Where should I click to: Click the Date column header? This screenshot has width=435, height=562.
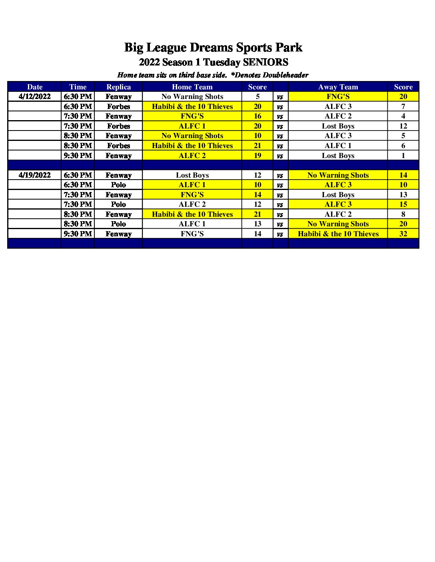(35, 87)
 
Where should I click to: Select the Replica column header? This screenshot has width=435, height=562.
(118, 87)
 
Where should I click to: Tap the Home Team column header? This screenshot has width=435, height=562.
(192, 87)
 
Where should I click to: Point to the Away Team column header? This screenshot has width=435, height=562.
(338, 87)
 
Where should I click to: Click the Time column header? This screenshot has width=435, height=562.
(78, 87)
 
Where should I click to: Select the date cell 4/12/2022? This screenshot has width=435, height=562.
(35, 97)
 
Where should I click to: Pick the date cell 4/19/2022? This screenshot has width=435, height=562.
(35, 175)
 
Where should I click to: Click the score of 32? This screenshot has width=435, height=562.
(403, 234)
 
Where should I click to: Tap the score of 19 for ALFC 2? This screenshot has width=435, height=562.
(257, 156)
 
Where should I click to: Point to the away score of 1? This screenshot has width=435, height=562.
(403, 156)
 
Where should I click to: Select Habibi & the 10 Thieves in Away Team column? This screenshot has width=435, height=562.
(338, 234)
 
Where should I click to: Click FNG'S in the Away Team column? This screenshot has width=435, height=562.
(338, 97)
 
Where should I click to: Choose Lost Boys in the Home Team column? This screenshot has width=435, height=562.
(192, 175)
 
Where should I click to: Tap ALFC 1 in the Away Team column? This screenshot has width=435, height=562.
(338, 146)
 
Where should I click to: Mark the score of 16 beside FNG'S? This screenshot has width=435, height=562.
(257, 116)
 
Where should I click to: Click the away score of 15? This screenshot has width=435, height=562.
(403, 204)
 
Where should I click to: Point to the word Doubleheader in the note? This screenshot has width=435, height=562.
(285, 75)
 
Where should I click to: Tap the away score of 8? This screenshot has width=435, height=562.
(403, 214)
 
